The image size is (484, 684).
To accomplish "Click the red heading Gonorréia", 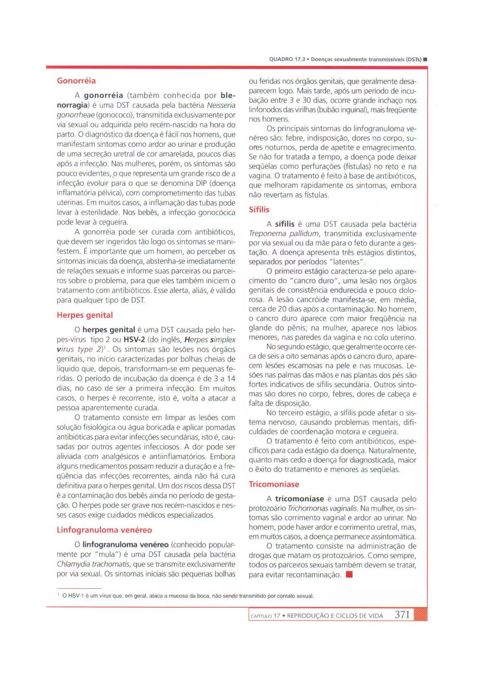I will (x=76, y=81).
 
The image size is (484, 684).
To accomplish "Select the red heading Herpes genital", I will (x=85, y=315).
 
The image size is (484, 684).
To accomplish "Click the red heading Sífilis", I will (x=259, y=210).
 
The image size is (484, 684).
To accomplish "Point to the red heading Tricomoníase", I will (x=274, y=484).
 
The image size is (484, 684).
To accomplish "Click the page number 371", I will (x=402, y=615).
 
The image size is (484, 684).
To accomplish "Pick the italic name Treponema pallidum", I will (x=283, y=234).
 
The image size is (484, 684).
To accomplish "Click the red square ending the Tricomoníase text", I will (x=349, y=574).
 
